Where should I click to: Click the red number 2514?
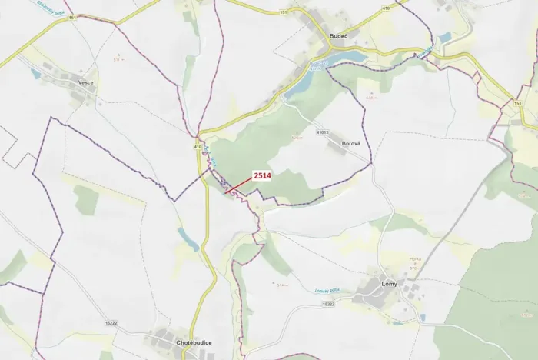264,175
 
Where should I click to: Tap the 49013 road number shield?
323,132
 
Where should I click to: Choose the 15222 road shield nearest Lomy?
329,305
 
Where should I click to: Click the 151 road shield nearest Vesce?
73,16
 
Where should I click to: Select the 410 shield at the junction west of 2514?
198,146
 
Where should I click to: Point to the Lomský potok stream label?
348,291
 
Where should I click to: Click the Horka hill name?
415,259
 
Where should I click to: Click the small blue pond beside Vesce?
35,74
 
